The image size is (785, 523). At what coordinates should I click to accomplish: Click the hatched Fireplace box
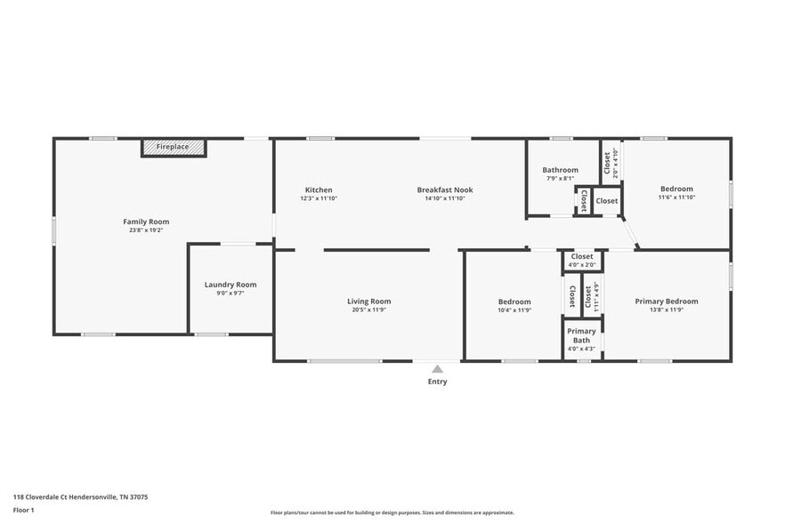173,147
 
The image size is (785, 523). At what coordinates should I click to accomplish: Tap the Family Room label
146,221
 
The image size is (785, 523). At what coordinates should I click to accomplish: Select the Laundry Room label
231,285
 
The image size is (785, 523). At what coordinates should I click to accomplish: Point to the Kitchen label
319,189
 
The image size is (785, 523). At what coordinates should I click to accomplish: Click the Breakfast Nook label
445,189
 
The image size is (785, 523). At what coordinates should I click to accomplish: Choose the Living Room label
368,302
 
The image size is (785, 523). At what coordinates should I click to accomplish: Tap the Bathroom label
561,170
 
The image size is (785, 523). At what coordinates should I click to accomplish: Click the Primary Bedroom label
667,302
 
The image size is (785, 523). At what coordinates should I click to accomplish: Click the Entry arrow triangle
437,368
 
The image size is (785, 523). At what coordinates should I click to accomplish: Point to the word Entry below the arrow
437,382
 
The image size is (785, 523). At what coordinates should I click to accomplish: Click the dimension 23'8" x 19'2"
146,230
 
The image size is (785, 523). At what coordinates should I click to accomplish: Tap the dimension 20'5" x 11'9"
368,310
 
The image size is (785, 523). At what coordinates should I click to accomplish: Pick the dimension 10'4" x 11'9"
514,310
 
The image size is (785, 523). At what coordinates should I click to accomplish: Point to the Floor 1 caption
23,510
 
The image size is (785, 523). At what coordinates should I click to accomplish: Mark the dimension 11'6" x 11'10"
676,197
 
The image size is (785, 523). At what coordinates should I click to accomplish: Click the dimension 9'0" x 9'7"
231,293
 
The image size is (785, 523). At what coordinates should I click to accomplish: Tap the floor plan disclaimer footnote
392,512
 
